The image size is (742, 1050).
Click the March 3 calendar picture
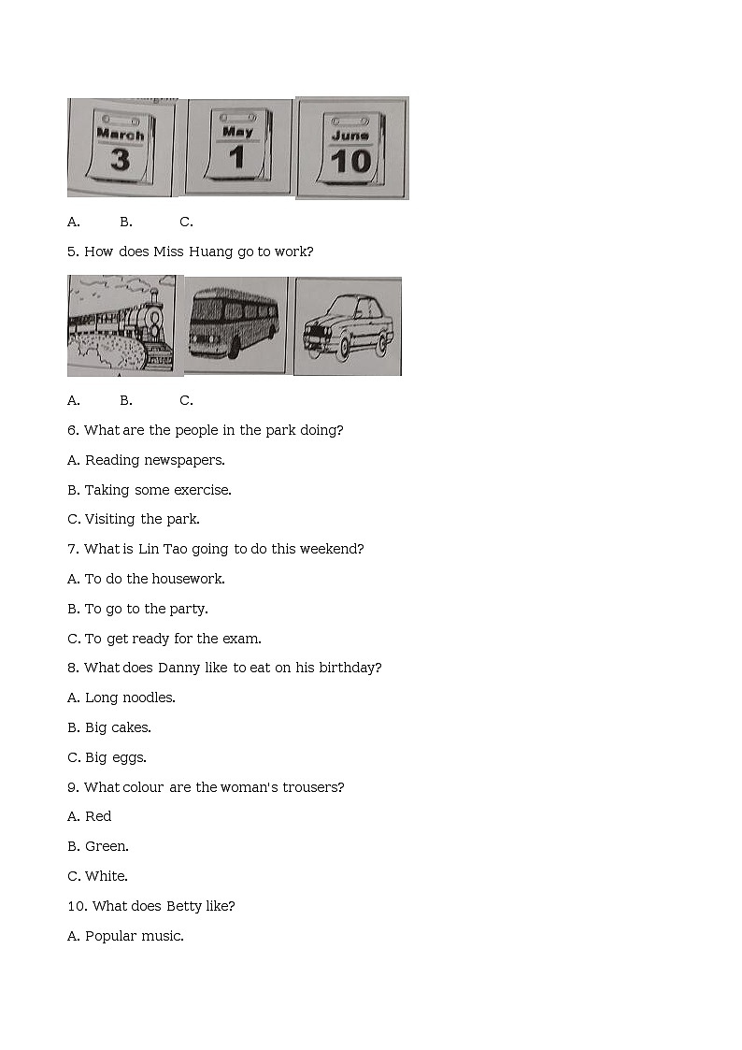coord(121,148)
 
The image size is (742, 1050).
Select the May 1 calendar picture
coord(239,148)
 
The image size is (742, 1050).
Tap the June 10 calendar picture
coord(352,148)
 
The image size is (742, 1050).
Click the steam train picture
coord(125,325)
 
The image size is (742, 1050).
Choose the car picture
coord(348,326)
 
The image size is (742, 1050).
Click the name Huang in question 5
coord(211,252)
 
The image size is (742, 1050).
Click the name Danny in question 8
coord(178,669)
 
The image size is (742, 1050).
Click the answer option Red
coord(98,816)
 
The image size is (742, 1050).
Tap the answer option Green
coord(107,846)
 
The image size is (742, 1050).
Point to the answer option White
coord(107,876)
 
